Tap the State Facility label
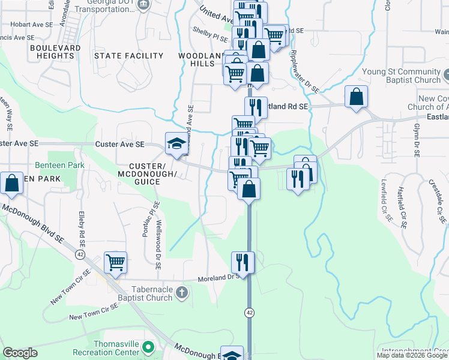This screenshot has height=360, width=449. (x=128, y=56)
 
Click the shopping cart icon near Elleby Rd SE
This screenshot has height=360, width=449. (x=115, y=262)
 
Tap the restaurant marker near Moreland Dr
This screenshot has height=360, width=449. (x=243, y=262)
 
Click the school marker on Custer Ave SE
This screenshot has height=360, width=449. (x=176, y=144)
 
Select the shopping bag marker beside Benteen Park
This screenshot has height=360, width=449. (x=12, y=184)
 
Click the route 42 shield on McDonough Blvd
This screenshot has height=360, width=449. (x=80, y=254)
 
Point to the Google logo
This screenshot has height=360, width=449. (x=20, y=353)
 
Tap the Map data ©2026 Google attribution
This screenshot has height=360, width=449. (x=412, y=355)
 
